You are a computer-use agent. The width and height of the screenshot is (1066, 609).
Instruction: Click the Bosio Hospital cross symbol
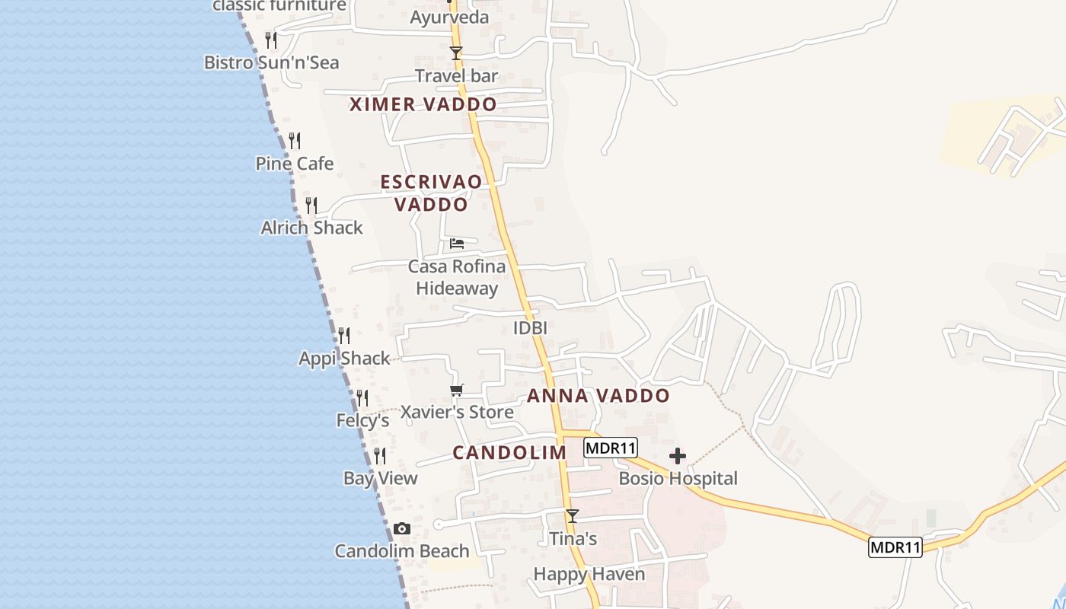pyautogui.click(x=678, y=456)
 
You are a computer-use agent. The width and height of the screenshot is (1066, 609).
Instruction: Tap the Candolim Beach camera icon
pyautogui.click(x=401, y=529)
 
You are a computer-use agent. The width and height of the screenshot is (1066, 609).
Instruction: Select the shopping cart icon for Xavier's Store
pyautogui.click(x=456, y=391)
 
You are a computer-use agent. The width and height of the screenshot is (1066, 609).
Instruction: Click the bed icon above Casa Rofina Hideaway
pyautogui.click(x=457, y=244)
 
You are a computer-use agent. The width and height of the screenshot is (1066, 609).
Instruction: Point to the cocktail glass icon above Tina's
pyautogui.click(x=573, y=516)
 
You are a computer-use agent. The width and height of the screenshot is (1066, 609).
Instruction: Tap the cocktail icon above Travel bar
pyautogui.click(x=456, y=53)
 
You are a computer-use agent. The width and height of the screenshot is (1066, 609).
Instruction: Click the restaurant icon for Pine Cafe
pyautogui.click(x=295, y=141)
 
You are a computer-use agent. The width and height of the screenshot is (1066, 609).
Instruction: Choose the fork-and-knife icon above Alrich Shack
pyautogui.click(x=311, y=206)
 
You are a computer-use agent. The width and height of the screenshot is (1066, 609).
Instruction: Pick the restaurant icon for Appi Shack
pyautogui.click(x=344, y=336)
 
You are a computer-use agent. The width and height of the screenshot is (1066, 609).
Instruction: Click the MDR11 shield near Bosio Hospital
pyautogui.click(x=611, y=448)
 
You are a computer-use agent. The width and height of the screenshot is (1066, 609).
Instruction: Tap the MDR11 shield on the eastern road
pyautogui.click(x=895, y=547)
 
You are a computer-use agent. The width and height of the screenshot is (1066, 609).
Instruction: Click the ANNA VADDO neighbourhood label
pyautogui.click(x=598, y=396)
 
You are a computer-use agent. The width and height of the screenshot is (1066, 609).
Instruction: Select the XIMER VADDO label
pyautogui.click(x=423, y=105)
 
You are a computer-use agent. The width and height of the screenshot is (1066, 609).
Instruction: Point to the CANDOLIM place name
pyautogui.click(x=509, y=453)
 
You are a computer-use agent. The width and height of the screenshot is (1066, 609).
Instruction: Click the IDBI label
pyautogui.click(x=531, y=328)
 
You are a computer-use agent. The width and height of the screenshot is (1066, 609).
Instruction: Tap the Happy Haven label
pyautogui.click(x=589, y=574)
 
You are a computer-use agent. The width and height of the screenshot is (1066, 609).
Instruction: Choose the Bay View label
pyautogui.click(x=381, y=478)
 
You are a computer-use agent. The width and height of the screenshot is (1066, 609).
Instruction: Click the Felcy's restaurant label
pyautogui.click(x=362, y=420)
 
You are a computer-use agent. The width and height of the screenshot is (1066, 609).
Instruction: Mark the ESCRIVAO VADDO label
pyautogui.click(x=431, y=193)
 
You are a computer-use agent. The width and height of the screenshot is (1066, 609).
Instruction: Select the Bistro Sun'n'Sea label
pyautogui.click(x=272, y=62)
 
